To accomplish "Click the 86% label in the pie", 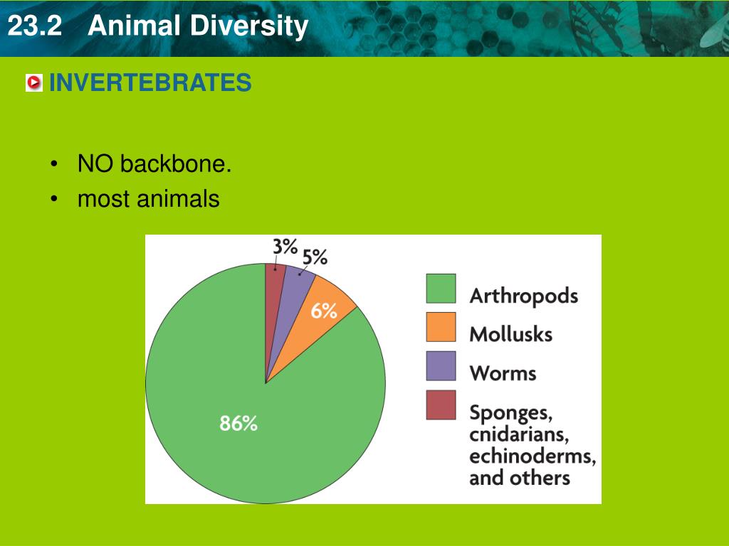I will click(238, 424).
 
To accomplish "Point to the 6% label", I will click(323, 311).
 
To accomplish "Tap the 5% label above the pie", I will click(315, 257).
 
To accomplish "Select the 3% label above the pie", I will click(285, 246).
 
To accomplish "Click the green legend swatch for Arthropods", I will click(440, 289).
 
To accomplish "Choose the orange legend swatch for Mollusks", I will click(440, 327).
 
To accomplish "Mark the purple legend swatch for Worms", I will click(440, 366).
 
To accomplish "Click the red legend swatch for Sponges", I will click(440, 405).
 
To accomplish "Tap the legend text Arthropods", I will click(523, 296).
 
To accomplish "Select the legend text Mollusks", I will click(510, 333).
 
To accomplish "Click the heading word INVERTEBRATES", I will click(150, 83).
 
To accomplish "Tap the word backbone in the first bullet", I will click(175, 164).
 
